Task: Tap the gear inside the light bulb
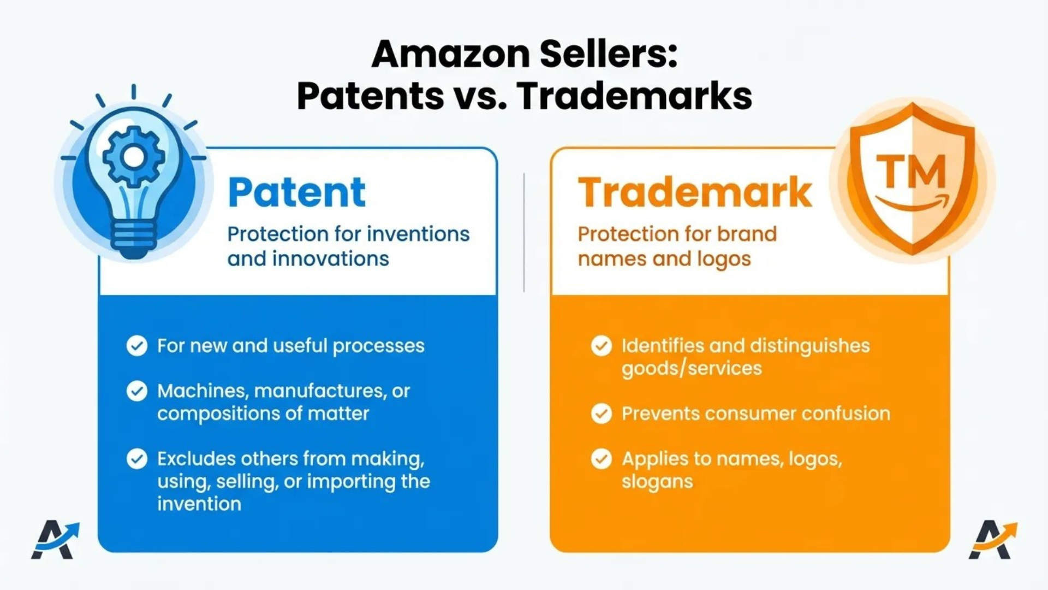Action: pos(133,157)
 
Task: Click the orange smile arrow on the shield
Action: pos(913,204)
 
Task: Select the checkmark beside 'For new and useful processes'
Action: pos(137,346)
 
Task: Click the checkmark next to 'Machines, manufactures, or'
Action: pos(137,391)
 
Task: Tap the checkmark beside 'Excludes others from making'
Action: pos(137,459)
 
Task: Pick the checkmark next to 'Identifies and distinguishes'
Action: pos(602,346)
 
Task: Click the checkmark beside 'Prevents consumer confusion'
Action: pos(602,414)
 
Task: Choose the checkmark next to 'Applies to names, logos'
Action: pos(602,459)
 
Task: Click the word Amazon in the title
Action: pos(451,54)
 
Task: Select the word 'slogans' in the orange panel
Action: pos(657,482)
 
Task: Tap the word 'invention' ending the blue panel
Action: pos(199,504)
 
